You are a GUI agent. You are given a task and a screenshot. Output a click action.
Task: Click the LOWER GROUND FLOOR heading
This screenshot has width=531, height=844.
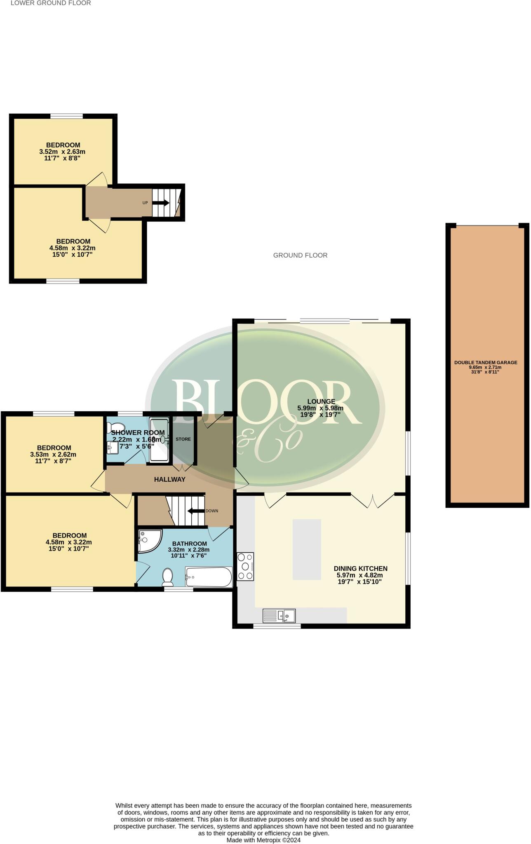coord(51,3)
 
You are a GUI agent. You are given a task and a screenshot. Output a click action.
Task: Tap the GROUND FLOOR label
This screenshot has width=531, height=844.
coord(300,255)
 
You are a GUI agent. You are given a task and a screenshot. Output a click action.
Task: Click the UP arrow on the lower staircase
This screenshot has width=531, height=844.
coord(161,203)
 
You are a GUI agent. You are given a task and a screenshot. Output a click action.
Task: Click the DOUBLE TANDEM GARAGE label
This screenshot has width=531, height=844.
coord(486,363)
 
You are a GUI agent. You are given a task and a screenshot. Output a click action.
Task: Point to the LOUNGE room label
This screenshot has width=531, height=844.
coord(321,401)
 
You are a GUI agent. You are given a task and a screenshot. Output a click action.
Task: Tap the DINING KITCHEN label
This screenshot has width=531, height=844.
coord(360,568)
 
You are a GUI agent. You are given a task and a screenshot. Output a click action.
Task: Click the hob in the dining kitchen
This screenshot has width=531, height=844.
coord(245,566)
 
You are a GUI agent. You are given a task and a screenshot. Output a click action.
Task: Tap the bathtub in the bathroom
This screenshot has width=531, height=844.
coord(209,577)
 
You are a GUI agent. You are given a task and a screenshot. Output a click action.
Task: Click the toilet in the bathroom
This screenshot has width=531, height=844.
coord(168,577)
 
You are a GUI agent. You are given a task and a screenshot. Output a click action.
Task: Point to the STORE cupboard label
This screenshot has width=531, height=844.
coord(183,439)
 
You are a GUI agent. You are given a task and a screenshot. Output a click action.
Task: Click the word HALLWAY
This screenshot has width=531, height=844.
coord(169,479)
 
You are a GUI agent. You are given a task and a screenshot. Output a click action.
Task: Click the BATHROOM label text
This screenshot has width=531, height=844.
coord(189,543)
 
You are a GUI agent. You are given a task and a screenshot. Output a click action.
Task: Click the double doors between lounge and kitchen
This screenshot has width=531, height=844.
coord(373,500)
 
